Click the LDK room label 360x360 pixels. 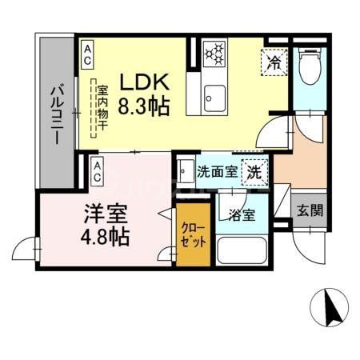(x=145, y=82)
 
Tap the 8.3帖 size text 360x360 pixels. (x=145, y=105)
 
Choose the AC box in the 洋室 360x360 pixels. (x=96, y=168)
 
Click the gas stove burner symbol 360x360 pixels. (x=213, y=54)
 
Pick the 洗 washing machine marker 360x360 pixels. (x=254, y=170)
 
